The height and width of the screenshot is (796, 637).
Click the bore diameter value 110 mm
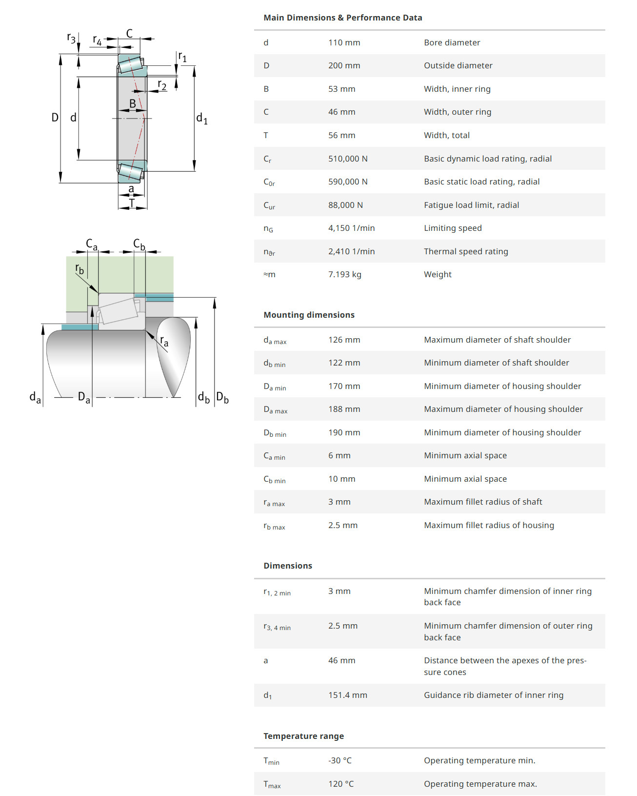click(344, 42)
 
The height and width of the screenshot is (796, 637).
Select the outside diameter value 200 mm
click(344, 65)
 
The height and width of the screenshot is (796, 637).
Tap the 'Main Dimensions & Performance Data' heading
click(342, 18)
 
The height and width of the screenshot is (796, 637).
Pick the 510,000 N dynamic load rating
click(348, 159)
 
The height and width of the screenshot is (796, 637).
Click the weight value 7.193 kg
click(344, 274)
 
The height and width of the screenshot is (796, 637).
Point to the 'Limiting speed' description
click(453, 228)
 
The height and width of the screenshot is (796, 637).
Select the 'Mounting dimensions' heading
click(309, 315)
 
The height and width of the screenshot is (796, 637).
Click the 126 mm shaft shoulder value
click(344, 340)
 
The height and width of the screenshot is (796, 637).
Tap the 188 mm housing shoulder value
click(344, 409)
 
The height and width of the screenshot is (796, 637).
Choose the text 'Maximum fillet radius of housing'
click(489, 525)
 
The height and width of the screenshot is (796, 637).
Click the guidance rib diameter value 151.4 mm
click(347, 695)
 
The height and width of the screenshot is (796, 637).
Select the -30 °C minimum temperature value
click(339, 760)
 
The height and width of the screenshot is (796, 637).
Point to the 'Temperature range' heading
click(303, 736)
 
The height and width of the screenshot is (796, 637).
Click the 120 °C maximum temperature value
click(340, 784)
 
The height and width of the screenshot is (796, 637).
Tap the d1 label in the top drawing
click(201, 118)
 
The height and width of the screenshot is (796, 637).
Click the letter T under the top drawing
click(132, 203)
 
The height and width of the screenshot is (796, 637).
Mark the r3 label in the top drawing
click(71, 38)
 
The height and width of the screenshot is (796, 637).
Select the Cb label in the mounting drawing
click(139, 244)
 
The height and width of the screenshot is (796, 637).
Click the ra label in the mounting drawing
click(164, 342)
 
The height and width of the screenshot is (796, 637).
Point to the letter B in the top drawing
click(132, 103)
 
